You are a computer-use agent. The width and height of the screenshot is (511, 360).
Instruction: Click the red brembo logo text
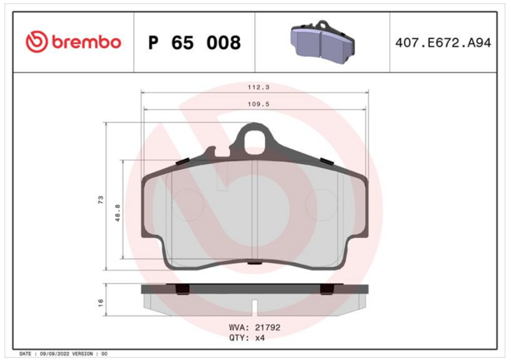86,42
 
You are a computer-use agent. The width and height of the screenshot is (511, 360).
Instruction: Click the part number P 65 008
195,43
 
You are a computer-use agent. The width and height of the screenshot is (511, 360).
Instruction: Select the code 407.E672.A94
443,43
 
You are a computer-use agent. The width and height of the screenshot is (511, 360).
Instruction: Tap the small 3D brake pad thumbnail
322,42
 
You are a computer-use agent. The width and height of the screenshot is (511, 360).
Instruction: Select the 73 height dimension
100,200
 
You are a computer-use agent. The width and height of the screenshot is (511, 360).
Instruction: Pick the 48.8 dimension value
118,213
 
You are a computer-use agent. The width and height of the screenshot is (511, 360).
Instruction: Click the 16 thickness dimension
100,303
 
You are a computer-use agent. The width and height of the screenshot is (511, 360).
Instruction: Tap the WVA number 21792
267,327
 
